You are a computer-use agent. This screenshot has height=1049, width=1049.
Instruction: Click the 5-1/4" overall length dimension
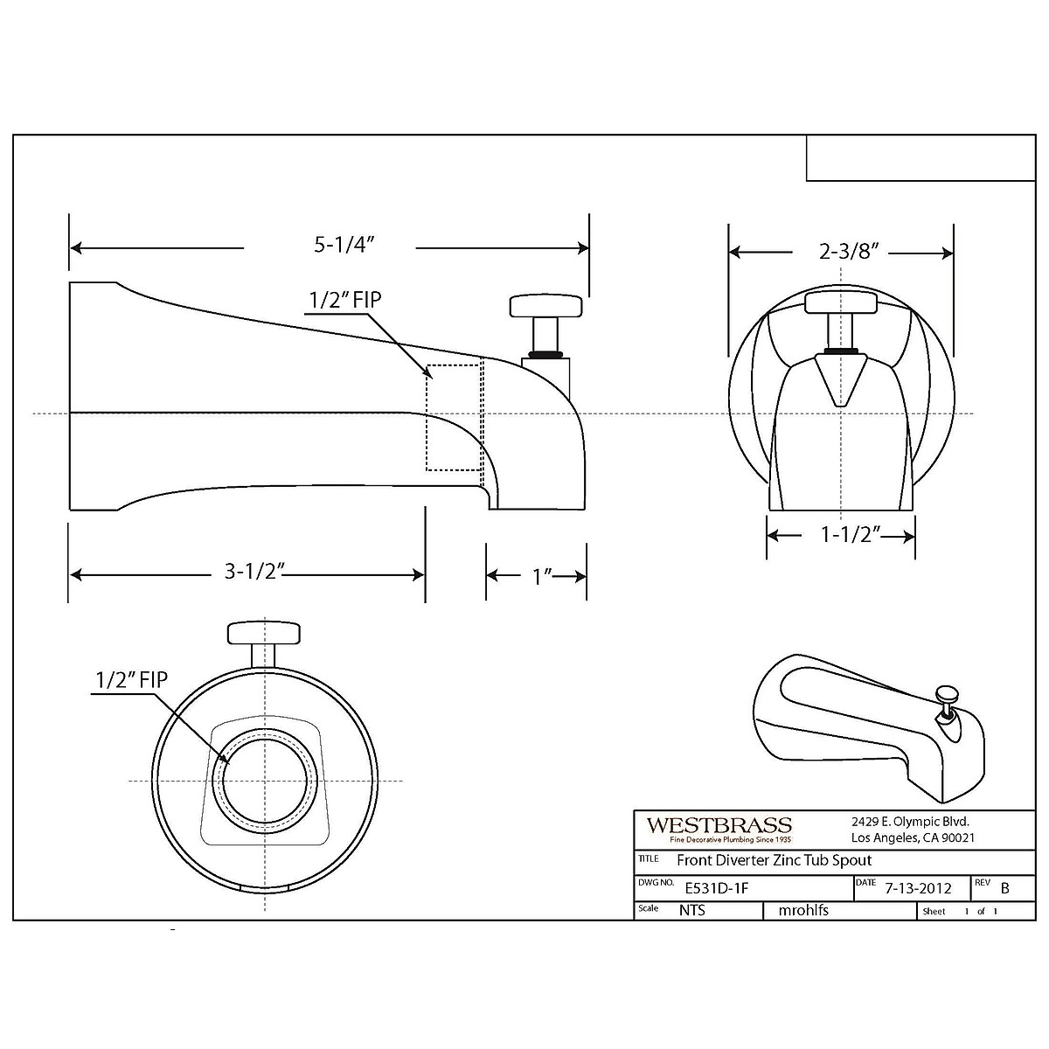pos(330,247)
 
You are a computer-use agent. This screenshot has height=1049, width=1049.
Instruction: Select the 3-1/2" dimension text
pos(251,573)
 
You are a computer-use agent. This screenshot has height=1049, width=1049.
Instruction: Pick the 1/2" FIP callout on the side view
pos(344,300)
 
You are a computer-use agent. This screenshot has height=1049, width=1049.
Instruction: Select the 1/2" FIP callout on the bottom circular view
pos(130,679)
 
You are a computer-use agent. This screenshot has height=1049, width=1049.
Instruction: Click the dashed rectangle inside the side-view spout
pos(453,417)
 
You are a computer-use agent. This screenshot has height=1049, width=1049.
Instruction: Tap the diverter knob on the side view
pos(546,307)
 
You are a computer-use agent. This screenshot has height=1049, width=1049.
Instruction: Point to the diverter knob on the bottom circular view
pos(263,632)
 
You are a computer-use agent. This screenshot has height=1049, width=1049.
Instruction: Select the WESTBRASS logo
pos(719,825)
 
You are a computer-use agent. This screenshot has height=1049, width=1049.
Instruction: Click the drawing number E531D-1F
pos(717,887)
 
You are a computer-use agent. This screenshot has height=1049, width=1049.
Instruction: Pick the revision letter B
pos(1004,887)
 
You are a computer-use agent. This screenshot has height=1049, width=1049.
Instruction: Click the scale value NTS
pos(691,910)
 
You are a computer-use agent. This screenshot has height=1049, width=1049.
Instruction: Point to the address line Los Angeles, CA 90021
pos(912,837)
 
